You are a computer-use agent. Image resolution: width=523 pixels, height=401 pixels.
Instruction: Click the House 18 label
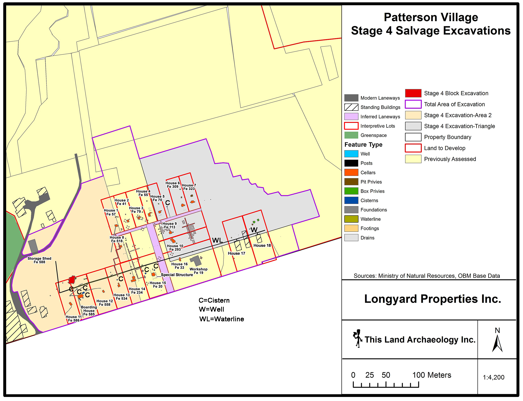pos(262,245)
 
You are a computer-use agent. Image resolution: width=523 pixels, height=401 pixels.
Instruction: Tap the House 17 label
pos(236,253)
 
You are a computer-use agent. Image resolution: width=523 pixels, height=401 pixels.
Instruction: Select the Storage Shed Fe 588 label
pos(39,260)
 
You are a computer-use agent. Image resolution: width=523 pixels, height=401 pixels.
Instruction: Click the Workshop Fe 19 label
pos(198,271)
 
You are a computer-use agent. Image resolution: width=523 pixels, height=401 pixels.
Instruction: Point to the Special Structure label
pos(177,275)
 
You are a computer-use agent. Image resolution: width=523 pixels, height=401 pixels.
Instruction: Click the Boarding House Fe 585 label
pos(89,311)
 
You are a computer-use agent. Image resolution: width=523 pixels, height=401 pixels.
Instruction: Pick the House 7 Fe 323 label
pos(189,187)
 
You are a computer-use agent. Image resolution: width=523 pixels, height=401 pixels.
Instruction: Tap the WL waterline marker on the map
pos(217,240)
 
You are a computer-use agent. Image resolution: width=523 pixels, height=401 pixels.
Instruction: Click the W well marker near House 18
pos(254,230)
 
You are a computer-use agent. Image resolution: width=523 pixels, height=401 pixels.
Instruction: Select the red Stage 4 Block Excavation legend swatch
pos(413,93)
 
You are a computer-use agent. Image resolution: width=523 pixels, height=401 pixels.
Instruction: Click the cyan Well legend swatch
pos(351,154)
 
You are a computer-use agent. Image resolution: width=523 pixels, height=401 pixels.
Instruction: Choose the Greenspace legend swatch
pos(351,135)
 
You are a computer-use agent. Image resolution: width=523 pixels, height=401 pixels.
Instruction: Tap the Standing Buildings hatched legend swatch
pos(351,107)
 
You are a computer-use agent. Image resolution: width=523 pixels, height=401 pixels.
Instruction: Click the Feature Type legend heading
pos(363,145)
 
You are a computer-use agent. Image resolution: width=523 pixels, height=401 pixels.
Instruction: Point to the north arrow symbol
pos(497,344)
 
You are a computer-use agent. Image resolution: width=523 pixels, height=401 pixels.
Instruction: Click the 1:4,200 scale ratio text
pos(493,377)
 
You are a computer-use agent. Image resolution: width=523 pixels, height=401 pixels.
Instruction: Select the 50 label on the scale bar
pos(386,375)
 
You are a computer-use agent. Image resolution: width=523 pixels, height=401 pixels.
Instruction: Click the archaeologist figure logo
pos(358,338)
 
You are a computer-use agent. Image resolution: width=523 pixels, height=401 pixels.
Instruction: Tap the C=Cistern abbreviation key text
pos(214,300)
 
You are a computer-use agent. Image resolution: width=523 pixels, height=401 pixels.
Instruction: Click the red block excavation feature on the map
pos(72,280)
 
